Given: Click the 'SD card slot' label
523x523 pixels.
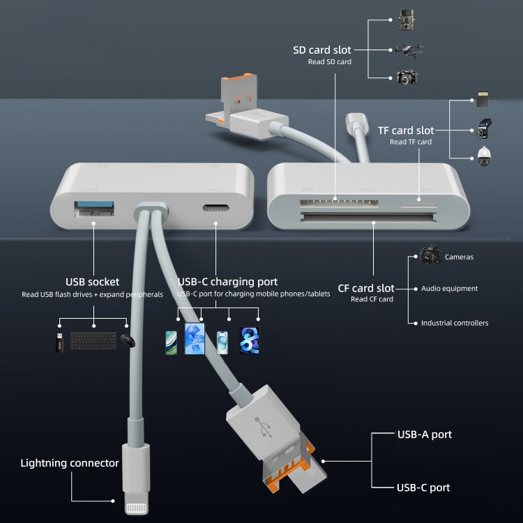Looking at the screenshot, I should pos(322,50).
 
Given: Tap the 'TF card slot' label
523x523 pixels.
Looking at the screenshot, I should pos(405,130).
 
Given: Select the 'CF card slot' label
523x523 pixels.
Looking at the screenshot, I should pos(366,288).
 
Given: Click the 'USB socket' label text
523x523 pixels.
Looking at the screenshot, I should pos(92,282).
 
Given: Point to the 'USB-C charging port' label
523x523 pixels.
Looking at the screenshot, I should pos(227,282).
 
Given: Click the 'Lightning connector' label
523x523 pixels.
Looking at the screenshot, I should pos(70,463).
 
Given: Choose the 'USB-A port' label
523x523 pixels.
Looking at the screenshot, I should pos(424,434).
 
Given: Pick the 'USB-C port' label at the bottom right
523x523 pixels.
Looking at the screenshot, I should pos(423,487).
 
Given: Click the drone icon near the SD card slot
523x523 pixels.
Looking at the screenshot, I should pos(407,50).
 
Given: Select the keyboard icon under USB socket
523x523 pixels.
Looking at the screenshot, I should pos(93,340).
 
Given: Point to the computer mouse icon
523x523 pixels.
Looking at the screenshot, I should pos(126,341).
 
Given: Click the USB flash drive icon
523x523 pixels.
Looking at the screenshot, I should pos(60,343).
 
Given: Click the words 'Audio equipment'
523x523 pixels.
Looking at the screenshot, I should pos(449,288).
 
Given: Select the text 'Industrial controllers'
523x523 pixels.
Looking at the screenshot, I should pos(454,323).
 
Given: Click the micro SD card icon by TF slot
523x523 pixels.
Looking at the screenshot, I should pos(482,99).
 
